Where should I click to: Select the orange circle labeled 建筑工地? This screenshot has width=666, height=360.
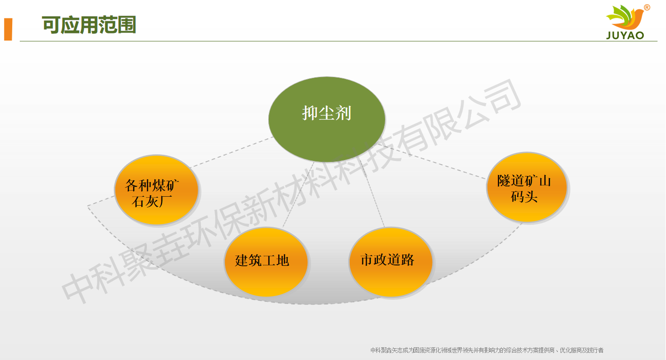click(266, 262)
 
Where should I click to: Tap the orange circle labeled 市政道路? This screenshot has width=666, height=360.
click(391, 262)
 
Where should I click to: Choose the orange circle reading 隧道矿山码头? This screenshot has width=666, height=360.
click(526, 187)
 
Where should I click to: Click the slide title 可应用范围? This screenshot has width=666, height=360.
click(89, 25)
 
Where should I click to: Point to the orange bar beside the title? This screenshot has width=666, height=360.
click(8, 29)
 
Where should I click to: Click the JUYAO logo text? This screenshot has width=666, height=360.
click(625, 36)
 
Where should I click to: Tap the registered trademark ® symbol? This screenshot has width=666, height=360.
click(647, 8)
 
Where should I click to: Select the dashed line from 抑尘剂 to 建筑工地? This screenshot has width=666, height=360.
click(299, 193)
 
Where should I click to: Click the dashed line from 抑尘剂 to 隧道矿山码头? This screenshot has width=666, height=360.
click(438, 165)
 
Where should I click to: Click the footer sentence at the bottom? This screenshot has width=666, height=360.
click(487, 350)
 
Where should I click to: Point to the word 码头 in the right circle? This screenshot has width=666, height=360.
click(524, 196)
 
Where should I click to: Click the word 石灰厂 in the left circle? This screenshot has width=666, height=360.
click(152, 202)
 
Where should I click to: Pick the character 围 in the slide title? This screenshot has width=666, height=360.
click(127, 25)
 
